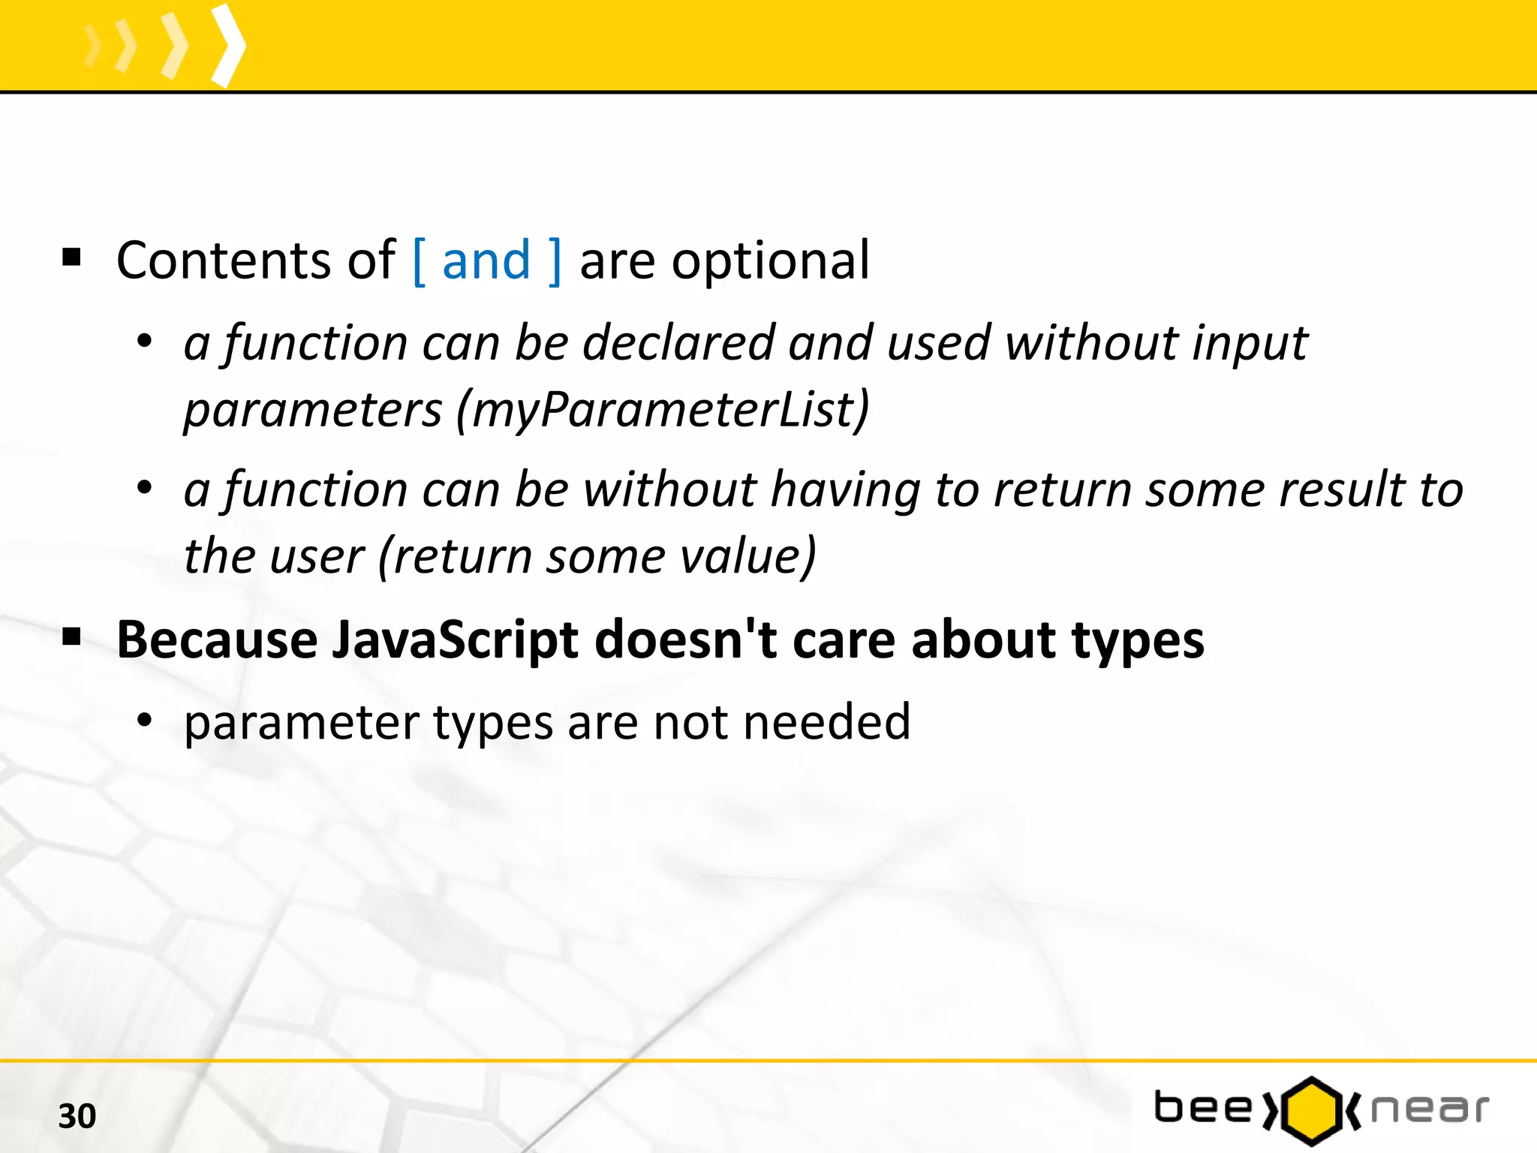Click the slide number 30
coord(77,1116)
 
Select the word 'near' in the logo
coord(1429,1109)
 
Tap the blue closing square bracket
coord(555,261)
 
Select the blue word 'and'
coord(486,261)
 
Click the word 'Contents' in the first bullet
coord(224,261)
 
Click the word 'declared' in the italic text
coord(678,343)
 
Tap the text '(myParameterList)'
coord(663,411)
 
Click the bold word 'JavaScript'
coord(456,641)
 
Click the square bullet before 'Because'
coord(71,638)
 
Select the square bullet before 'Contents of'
coord(71,258)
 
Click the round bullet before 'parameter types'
coord(144,721)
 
